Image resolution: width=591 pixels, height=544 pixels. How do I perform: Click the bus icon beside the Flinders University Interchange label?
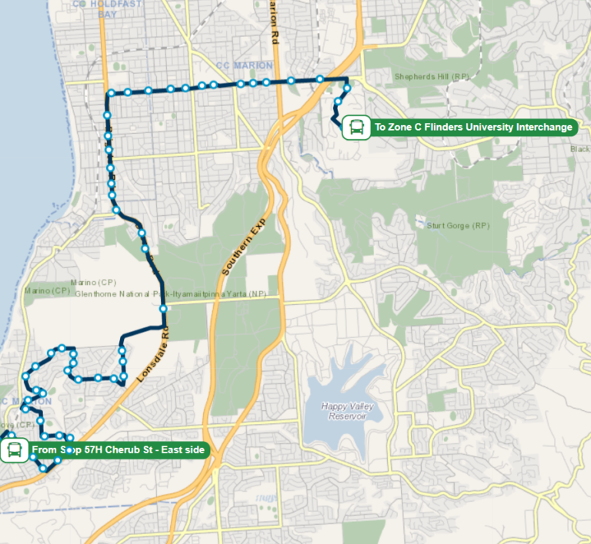[x=356, y=127]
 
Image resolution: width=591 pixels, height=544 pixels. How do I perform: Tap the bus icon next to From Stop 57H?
[x=14, y=449]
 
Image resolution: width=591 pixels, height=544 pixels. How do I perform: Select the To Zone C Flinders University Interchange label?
[x=472, y=127]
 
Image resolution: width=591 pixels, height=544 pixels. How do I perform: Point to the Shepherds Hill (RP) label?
[x=431, y=77]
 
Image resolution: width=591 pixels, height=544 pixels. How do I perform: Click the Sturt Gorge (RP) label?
[x=458, y=226]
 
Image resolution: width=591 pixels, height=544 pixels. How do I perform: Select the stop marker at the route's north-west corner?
[x=111, y=94]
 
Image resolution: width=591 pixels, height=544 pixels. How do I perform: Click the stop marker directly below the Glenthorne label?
[x=163, y=309]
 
